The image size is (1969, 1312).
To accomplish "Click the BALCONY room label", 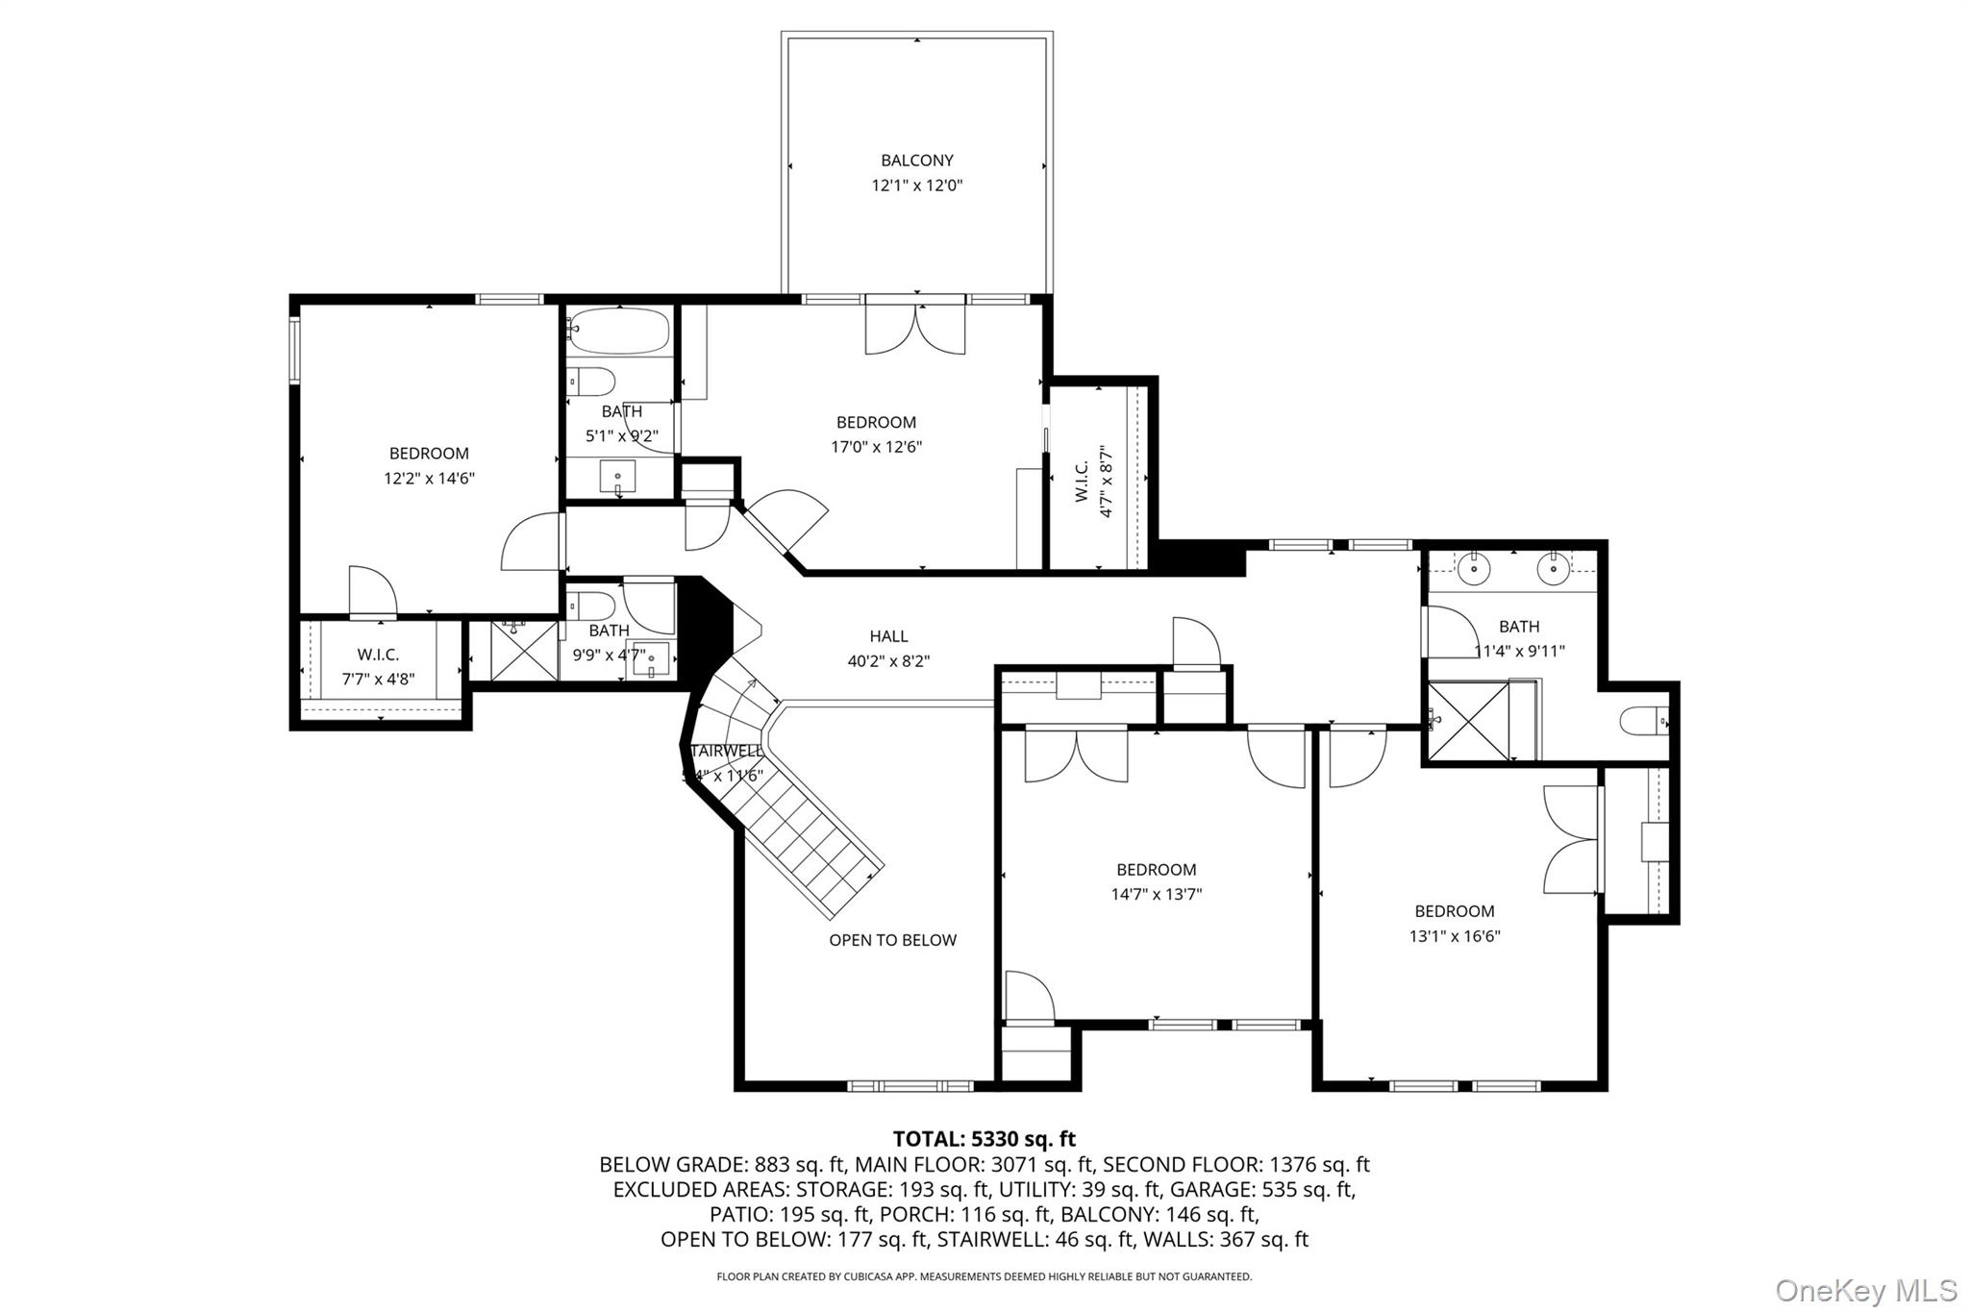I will click(x=916, y=161).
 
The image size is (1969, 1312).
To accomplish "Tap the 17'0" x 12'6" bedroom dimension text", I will click(x=876, y=447).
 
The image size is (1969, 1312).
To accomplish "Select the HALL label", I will click(x=888, y=636).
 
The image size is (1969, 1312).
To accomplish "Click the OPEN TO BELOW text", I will click(x=892, y=940).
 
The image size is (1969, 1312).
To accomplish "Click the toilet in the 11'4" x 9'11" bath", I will click(x=1644, y=721).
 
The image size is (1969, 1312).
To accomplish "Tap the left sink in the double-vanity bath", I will click(x=1473, y=570).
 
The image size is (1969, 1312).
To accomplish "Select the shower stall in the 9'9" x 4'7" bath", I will click(x=524, y=652).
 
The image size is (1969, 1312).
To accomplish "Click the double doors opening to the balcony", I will click(x=915, y=327).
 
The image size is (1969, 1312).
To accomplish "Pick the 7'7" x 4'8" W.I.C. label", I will click(x=378, y=666).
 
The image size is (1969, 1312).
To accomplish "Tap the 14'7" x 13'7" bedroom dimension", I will click(x=1156, y=895).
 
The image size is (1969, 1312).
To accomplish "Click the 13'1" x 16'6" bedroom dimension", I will click(x=1454, y=936).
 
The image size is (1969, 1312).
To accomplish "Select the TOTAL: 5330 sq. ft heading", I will click(x=984, y=1139).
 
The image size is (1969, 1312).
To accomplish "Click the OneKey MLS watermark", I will click(x=1865, y=1290).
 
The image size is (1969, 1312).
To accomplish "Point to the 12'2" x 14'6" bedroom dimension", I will click(x=429, y=479).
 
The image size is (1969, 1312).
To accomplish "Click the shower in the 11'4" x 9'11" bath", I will click(x=1467, y=721).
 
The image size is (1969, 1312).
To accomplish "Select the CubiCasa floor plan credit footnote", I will click(x=984, y=1276).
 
